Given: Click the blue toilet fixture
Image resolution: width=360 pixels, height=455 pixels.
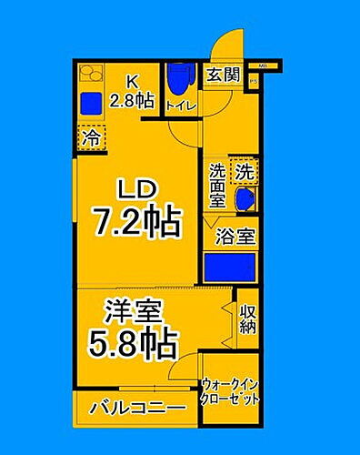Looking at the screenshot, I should click(182, 79).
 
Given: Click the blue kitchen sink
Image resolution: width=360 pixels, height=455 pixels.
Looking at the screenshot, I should click(91, 102).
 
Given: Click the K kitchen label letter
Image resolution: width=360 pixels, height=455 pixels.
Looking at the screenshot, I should click(129, 79).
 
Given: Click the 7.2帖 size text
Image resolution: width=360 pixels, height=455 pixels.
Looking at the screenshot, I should click(138, 221).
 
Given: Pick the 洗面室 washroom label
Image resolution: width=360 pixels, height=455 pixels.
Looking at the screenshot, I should click(218, 184).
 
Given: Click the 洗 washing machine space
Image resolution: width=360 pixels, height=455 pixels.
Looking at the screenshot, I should click(245, 169).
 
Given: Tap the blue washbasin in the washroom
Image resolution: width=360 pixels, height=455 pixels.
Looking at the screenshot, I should click(244, 198).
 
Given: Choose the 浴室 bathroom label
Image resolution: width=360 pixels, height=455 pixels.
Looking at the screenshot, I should click(235, 237).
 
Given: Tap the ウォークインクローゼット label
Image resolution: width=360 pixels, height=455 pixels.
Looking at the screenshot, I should click(231, 391).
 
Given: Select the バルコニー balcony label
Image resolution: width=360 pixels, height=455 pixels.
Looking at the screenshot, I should click(137, 407).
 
